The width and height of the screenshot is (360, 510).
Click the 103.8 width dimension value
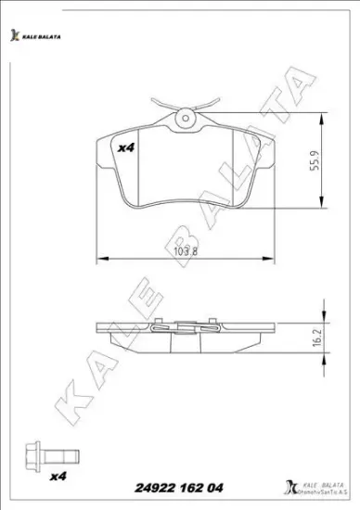pos(185,248)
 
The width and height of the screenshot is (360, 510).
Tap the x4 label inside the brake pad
pos(125,146)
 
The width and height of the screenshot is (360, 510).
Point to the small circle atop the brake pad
pos(186,117)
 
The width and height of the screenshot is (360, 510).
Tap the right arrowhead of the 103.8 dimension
pos(270,258)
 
